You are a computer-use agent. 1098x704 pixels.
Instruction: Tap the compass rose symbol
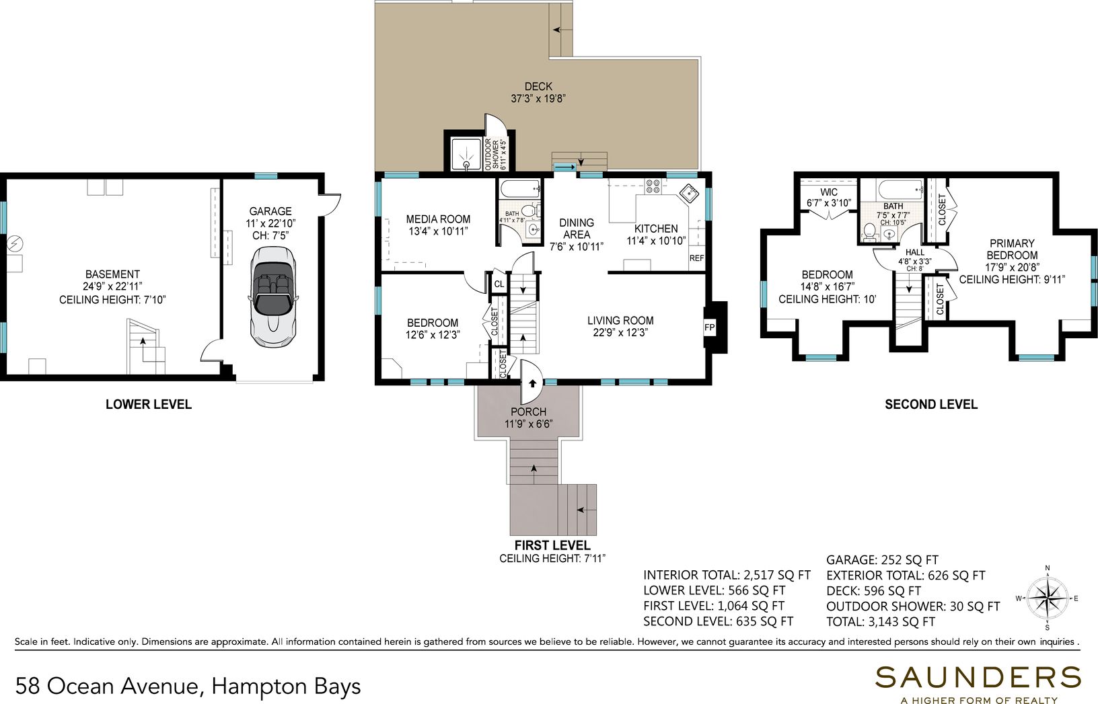coord(1048,598)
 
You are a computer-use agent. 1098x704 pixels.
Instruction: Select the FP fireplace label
coord(709,327)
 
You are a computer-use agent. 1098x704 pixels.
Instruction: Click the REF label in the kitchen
coord(696,258)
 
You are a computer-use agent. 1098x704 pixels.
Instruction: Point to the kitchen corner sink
coord(689,194)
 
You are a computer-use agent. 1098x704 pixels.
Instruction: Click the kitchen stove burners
coord(653,186)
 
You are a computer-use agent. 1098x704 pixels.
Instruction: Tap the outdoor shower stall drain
coord(466,165)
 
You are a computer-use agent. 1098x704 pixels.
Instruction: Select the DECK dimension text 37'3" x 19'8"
coord(538,98)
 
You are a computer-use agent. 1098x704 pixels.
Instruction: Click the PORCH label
coord(528,412)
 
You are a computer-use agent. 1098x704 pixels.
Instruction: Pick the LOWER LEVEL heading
coord(149,404)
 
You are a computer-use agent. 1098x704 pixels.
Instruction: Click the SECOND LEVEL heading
coord(931,404)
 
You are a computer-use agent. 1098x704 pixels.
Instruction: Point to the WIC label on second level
coord(829,192)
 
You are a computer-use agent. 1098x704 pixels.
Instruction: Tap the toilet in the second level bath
coord(869,232)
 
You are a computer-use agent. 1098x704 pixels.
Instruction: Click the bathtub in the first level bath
coord(520,189)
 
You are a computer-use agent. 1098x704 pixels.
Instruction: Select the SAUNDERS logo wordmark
coord(978,678)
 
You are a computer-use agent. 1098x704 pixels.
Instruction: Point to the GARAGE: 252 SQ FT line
coord(882,560)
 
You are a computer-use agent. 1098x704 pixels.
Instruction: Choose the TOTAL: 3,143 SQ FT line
coord(881,622)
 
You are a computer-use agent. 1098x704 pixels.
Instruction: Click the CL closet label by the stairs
coord(499,284)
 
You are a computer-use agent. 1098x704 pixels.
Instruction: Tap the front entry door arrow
coord(532,383)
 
